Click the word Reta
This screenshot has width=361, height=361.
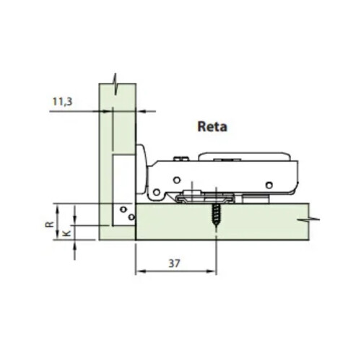pyautogui.click(x=212, y=127)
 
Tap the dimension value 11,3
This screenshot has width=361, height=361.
pyautogui.click(x=61, y=103)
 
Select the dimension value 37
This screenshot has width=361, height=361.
pyautogui.click(x=173, y=263)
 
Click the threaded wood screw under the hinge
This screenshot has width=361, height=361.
pyautogui.click(x=214, y=215)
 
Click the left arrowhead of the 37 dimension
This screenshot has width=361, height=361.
pyautogui.click(x=140, y=272)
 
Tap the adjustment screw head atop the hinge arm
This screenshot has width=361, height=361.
pyautogui.click(x=183, y=158)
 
